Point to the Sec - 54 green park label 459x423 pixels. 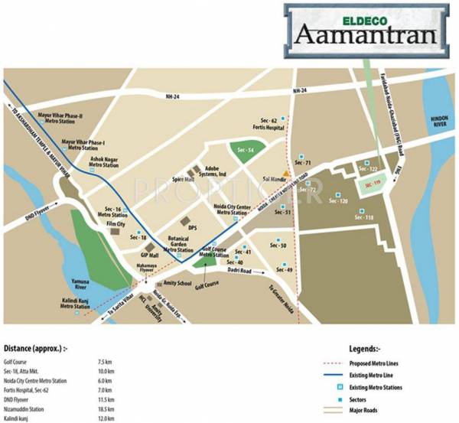point(245,149)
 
